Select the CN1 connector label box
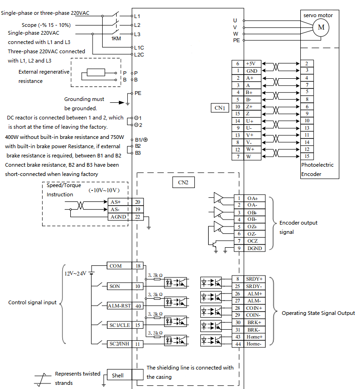[x=220, y=108]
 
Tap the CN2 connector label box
[x=183, y=182]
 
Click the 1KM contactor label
[x=116, y=38]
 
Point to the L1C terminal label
[x=139, y=48]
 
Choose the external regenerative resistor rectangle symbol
[x=96, y=72]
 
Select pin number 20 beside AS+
[x=137, y=202]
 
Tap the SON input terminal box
[x=119, y=286]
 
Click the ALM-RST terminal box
[x=119, y=306]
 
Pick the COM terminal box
[x=119, y=266]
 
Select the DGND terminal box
[x=254, y=248]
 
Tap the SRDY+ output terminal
[x=254, y=279]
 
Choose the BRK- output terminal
[x=254, y=330]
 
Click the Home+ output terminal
[x=254, y=337]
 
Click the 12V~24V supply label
[x=75, y=273]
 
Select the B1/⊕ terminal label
[x=141, y=140]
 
